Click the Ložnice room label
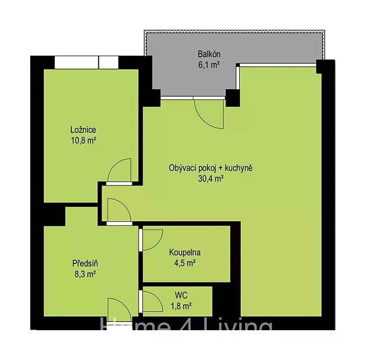coord(83,130)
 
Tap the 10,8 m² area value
coord(84,141)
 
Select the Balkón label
coord(209,54)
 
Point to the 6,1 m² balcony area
coord(209,65)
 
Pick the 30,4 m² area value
coord(211,179)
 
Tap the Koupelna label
coord(185,252)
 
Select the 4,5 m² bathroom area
coord(185,263)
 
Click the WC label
coord(181,295)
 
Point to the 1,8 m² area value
coord(181,306)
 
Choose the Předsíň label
coord(85,263)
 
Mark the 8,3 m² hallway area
coord(85,274)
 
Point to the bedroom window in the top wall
coord(86,62)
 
